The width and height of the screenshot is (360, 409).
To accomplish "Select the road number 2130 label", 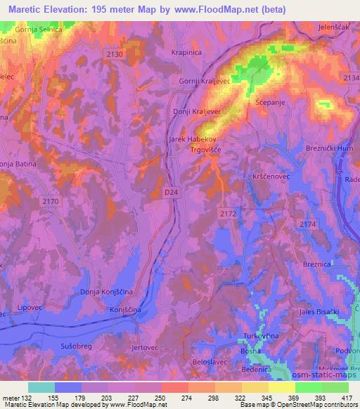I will point(115,53).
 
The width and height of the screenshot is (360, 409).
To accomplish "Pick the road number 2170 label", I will point(51,201).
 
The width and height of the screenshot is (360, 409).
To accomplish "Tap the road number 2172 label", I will point(227,213).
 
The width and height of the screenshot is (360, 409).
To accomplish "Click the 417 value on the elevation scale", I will point(346,397).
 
